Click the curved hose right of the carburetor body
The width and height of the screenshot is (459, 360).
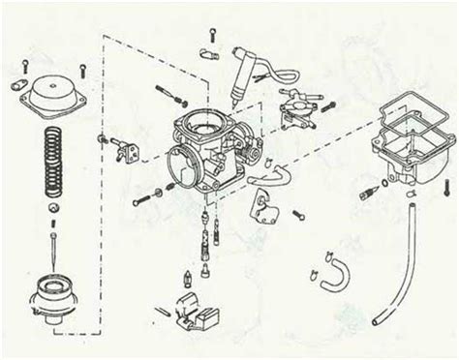267,175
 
